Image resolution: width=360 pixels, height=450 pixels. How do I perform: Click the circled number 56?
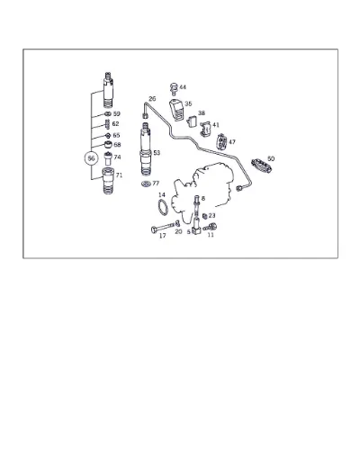click(x=91, y=158)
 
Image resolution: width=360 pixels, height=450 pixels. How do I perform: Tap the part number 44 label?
click(x=183, y=87)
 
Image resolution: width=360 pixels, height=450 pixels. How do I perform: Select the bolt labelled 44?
click(x=174, y=88)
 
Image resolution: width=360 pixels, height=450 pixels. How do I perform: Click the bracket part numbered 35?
click(x=176, y=110)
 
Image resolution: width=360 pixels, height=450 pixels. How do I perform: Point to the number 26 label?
click(x=152, y=99)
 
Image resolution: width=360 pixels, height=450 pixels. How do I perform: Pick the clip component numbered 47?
click(x=221, y=141)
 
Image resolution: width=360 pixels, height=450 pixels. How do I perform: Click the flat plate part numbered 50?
click(x=262, y=166)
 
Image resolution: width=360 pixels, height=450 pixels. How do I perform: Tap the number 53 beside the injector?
click(x=157, y=153)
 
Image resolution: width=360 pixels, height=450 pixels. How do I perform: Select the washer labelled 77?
click(x=147, y=184)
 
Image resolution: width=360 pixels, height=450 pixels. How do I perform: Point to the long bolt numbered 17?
click(x=164, y=227)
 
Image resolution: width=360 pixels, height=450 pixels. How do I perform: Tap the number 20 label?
click(x=178, y=231)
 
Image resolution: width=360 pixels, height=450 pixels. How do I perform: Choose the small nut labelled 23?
click(x=205, y=216)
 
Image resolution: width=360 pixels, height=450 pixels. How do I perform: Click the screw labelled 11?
click(x=210, y=227)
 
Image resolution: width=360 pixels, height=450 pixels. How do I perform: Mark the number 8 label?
click(x=203, y=198)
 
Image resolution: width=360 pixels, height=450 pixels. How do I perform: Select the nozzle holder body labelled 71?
click(x=108, y=181)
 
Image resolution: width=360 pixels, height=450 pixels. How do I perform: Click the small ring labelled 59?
click(x=108, y=113)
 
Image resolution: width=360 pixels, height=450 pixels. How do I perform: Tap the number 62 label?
click(x=115, y=123)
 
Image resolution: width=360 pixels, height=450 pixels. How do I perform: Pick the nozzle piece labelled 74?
click(x=108, y=159)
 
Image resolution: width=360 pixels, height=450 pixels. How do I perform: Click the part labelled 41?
click(x=206, y=130)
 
